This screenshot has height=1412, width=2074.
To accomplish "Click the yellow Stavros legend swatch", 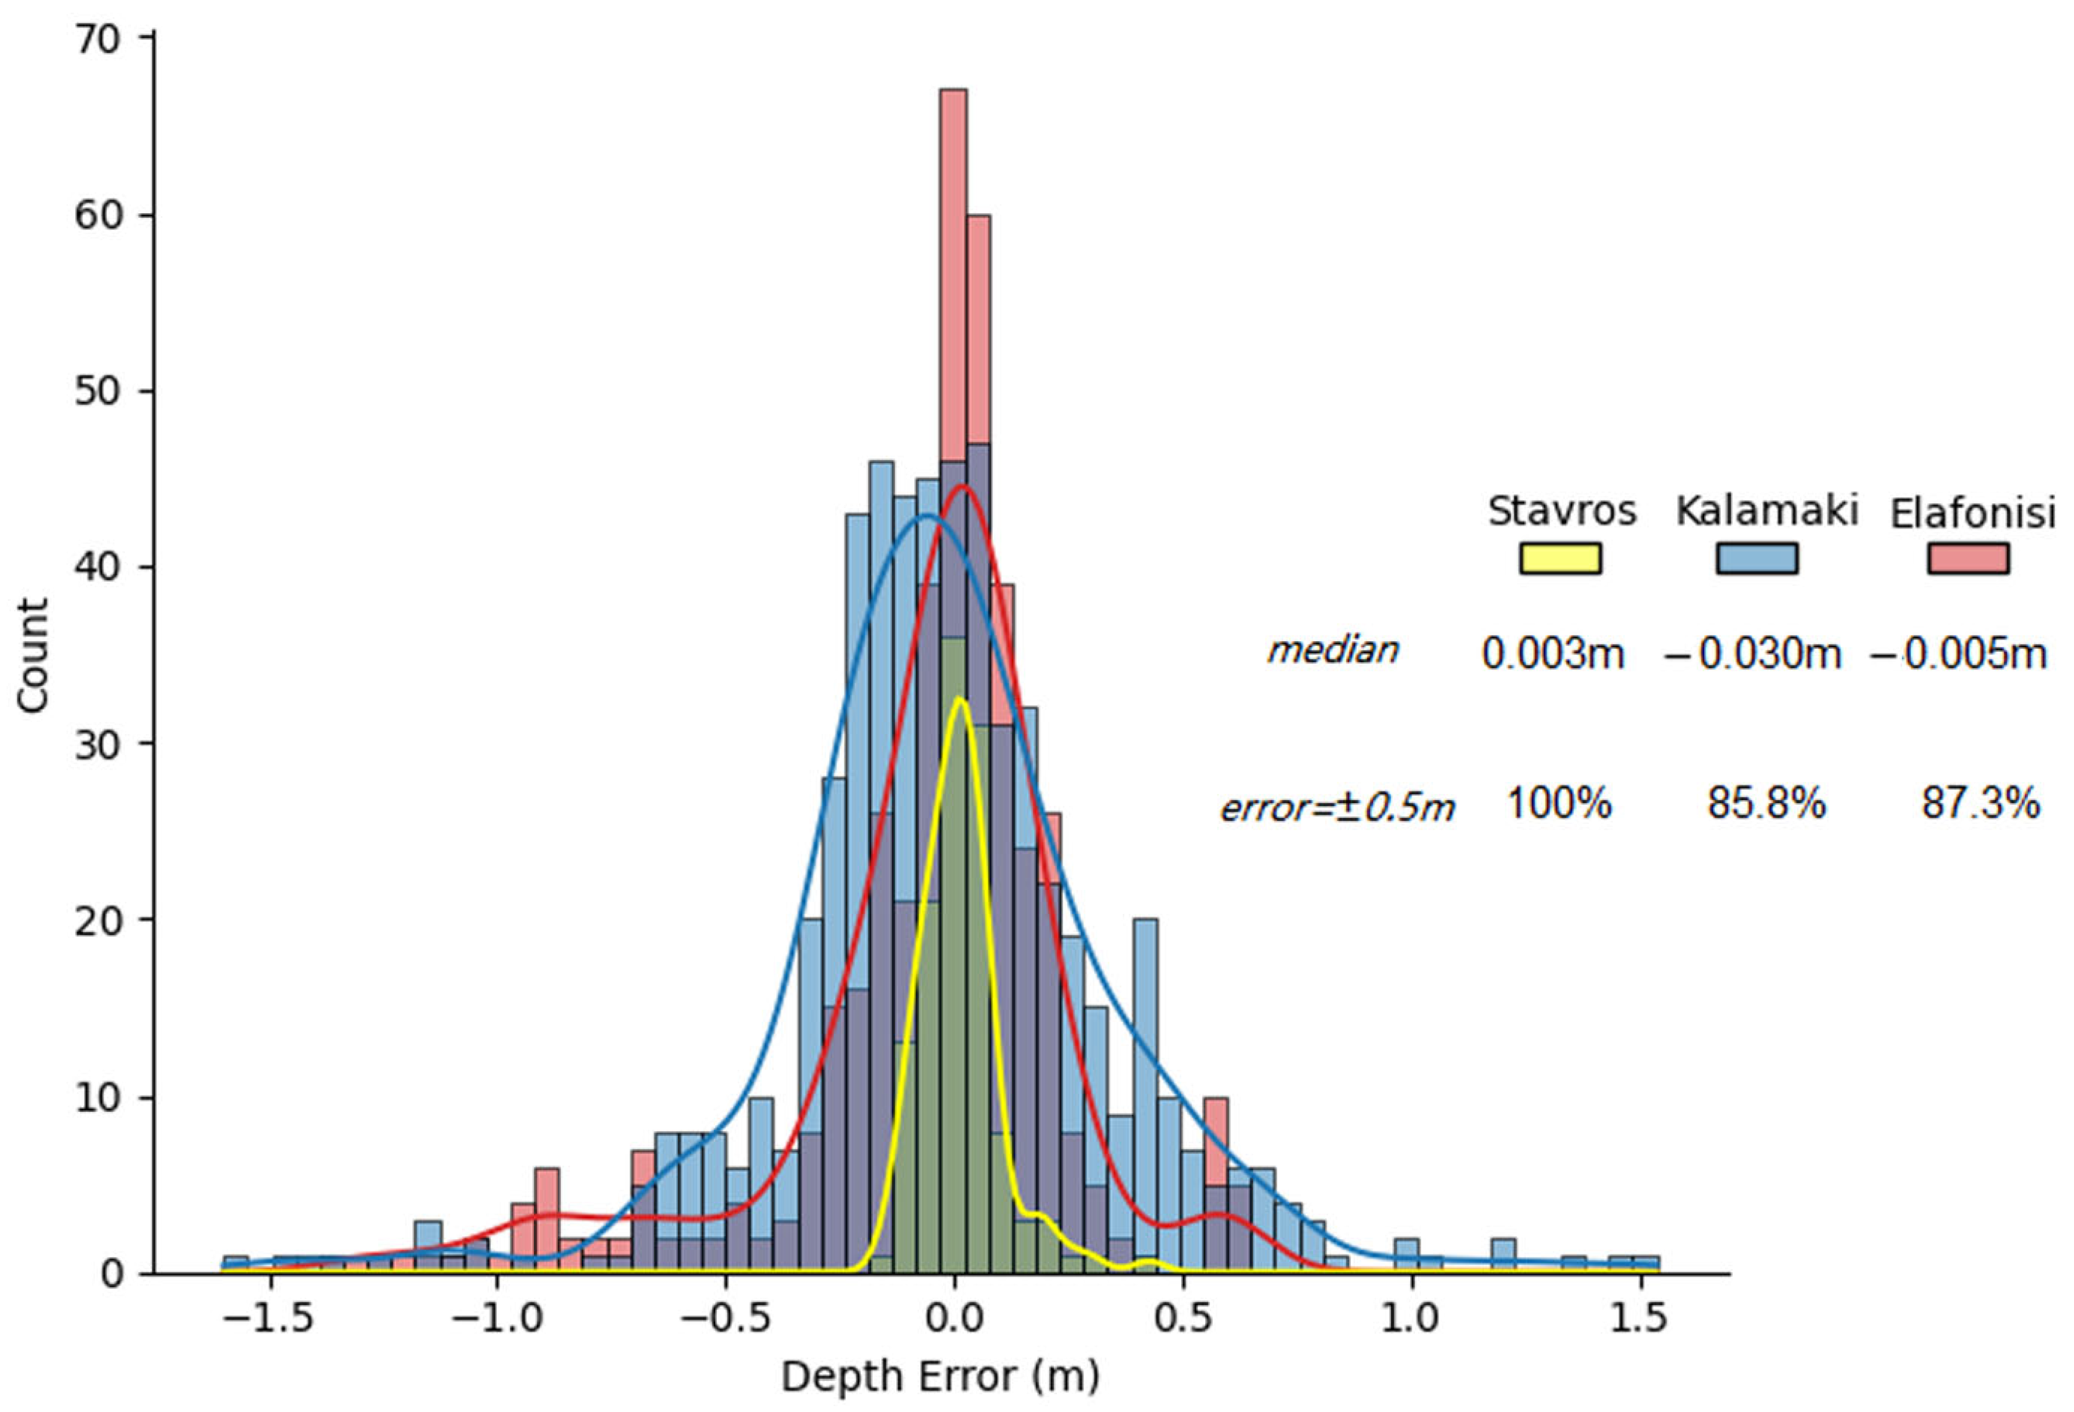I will [x=1560, y=558].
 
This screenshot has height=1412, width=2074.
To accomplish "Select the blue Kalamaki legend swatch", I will [x=1756, y=558].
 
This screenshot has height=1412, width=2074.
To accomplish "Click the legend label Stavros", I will [x=1562, y=510].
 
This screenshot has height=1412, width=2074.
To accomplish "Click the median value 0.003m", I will [x=1553, y=654].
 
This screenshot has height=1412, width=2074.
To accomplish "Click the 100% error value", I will [x=1559, y=804].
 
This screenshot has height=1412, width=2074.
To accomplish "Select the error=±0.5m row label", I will [x=1337, y=807].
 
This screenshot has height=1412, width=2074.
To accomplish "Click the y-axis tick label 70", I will [x=98, y=41].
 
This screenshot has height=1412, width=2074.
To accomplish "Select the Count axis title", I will [x=33, y=656].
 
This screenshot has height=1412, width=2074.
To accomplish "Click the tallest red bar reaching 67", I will [x=953, y=267].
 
